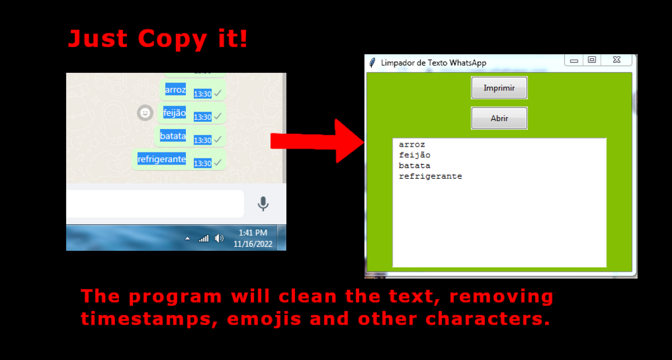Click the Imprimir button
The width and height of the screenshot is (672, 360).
499,88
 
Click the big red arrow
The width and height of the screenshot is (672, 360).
317,141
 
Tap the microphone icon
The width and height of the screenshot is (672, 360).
263,204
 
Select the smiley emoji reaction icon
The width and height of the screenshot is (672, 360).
145,113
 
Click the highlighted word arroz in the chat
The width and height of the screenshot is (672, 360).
175,90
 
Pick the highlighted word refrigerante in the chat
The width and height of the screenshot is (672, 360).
162,159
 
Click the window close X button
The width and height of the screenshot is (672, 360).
617,60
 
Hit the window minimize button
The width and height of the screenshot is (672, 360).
574,60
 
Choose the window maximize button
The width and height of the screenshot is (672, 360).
592,60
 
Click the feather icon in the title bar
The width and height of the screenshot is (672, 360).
372,63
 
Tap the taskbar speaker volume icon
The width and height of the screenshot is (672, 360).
219,238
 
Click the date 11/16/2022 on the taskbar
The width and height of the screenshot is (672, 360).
253,244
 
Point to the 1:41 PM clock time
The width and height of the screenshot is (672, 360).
253,233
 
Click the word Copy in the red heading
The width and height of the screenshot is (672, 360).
172,39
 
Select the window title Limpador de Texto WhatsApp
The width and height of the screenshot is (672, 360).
434,63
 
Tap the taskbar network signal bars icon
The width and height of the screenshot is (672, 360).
203,239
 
